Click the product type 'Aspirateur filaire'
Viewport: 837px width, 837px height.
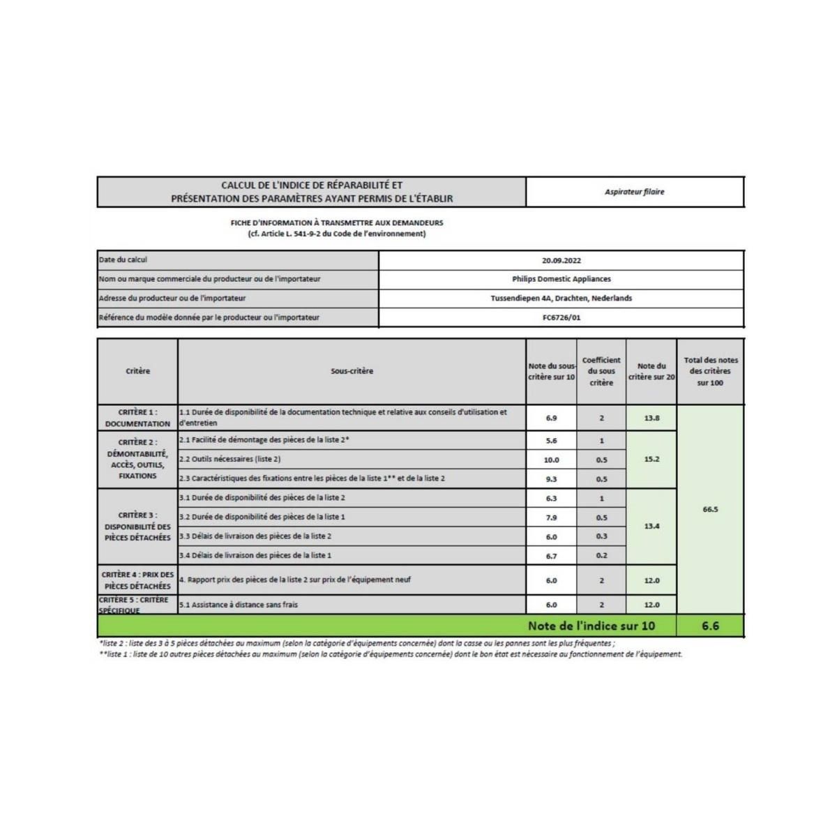(634, 192)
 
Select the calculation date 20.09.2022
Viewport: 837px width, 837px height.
(561, 260)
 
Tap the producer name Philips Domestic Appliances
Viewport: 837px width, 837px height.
(561, 279)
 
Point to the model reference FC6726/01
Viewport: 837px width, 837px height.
(561, 317)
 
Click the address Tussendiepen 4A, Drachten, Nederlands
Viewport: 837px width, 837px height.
(561, 298)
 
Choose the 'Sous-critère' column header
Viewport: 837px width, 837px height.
(352, 371)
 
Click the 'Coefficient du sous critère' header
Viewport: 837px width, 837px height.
(601, 371)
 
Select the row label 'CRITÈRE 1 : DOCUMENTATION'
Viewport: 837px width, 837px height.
(137, 418)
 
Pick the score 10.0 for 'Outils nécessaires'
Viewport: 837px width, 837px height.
(551, 460)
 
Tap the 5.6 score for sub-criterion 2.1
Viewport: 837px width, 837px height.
(551, 441)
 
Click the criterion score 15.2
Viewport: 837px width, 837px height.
(651, 460)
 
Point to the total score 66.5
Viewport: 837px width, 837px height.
(710, 510)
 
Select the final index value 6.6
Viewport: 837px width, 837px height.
(710, 626)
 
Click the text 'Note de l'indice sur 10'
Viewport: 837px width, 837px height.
(591, 626)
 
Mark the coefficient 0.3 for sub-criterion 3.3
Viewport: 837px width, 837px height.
(601, 536)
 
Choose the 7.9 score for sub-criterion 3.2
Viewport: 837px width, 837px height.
(551, 518)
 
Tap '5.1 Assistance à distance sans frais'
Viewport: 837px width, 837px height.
(239, 605)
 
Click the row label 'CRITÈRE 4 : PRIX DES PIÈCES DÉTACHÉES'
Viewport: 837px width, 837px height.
(137, 580)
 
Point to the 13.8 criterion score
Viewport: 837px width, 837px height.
(651, 418)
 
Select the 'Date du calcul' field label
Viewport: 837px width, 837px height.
(123, 260)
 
